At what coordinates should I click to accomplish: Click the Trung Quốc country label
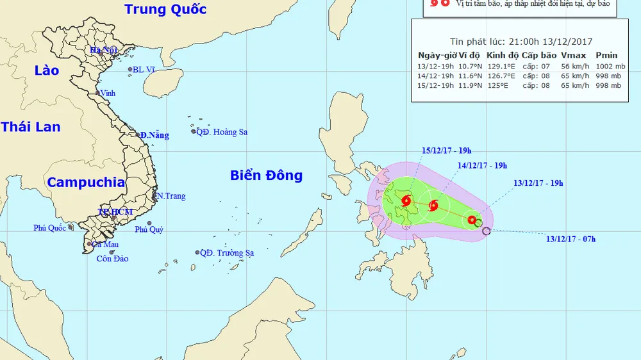pyautogui.click(x=165, y=10)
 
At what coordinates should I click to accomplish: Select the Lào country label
pyautogui.click(x=46, y=70)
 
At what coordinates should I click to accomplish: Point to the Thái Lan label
pyautogui.click(x=30, y=127)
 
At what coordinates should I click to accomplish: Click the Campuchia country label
pyautogui.click(x=86, y=183)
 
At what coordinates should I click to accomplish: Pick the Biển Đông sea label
pyautogui.click(x=266, y=176)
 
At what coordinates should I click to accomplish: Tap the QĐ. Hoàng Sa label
pyautogui.click(x=222, y=132)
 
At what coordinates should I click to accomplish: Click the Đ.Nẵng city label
pyautogui.click(x=154, y=135)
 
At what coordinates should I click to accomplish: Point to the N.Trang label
pyautogui.click(x=171, y=196)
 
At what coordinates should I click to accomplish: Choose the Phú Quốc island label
pyautogui.click(x=51, y=227)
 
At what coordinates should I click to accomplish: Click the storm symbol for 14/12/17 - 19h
pyautogui.click(x=433, y=206)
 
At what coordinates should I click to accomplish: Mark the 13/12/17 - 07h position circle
pyautogui.click(x=486, y=231)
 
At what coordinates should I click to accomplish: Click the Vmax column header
pyautogui.click(x=572, y=54)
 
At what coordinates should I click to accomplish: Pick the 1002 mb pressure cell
pyautogui.click(x=609, y=66)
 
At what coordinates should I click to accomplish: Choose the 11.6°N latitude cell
pyautogui.click(x=470, y=76)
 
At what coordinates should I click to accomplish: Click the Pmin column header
pyautogui.click(x=606, y=54)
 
